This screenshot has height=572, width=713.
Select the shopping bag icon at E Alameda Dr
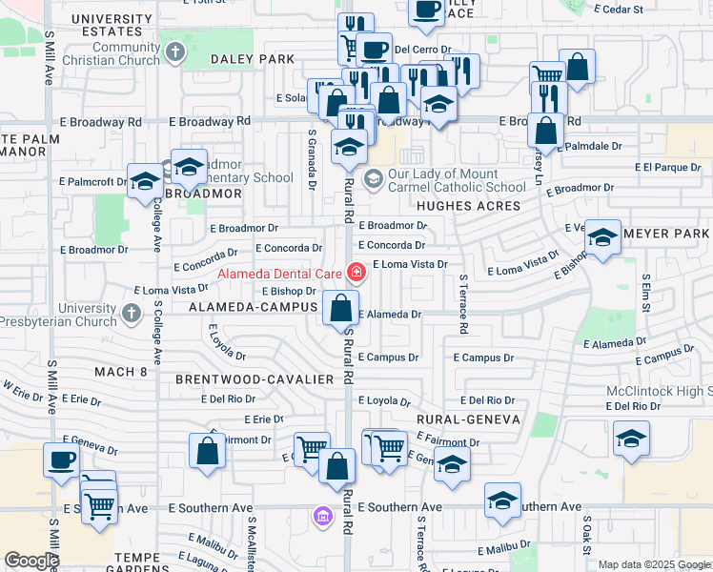340,309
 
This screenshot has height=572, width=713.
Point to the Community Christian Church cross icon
174,51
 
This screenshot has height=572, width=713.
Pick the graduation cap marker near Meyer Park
602,238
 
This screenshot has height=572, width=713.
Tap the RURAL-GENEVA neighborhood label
468,419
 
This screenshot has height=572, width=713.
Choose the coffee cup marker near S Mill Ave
62,460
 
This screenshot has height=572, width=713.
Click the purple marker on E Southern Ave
323,517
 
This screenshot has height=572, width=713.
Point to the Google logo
31,561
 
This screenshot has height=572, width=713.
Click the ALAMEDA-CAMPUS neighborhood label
252,307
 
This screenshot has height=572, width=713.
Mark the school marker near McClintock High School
631,439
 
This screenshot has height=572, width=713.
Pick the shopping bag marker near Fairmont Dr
208,450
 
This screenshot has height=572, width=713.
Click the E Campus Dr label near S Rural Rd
388,357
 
